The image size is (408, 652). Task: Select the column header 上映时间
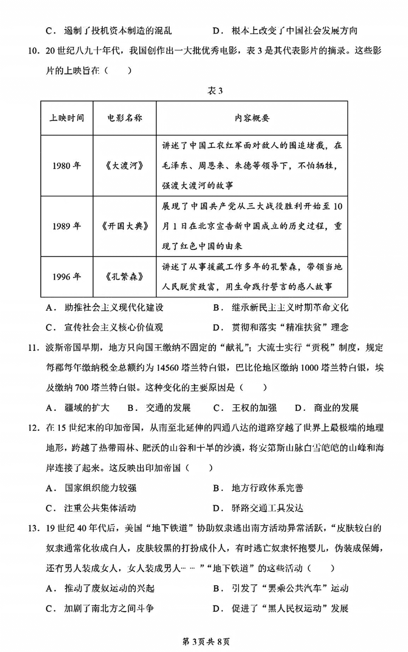click(x=67, y=118)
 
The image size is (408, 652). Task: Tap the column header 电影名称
click(x=125, y=118)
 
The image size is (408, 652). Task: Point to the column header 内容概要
click(x=252, y=118)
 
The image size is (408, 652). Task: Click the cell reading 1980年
click(x=67, y=165)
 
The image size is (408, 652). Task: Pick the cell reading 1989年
click(x=67, y=226)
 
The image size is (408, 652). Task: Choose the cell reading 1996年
click(x=67, y=277)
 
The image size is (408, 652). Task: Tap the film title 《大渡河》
click(x=125, y=165)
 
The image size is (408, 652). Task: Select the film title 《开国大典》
click(x=125, y=226)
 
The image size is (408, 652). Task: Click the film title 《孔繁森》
click(x=125, y=277)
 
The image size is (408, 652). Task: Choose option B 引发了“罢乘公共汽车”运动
click(x=281, y=588)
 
